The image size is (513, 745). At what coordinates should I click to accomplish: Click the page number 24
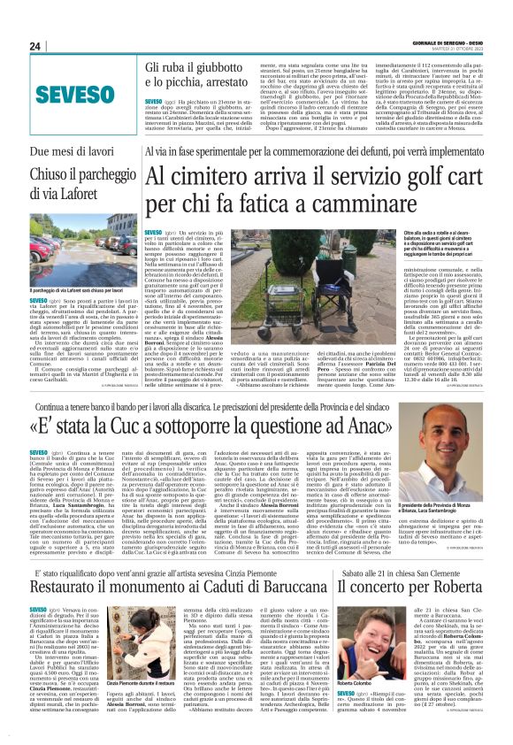pos(35,46)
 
